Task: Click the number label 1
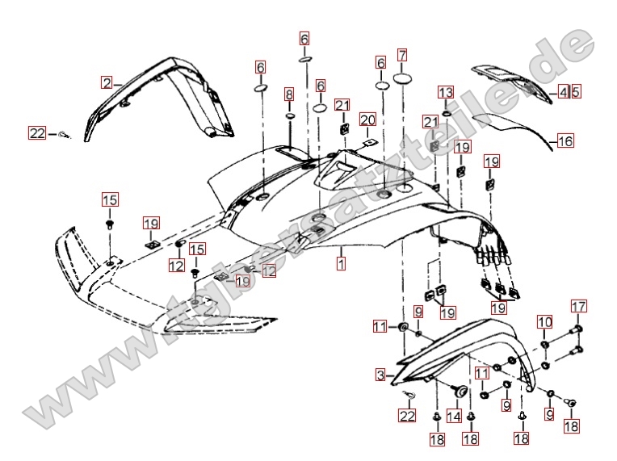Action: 342,264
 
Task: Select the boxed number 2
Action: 107,82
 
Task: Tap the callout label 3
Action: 380,375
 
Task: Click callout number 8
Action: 289,94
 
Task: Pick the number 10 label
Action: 545,323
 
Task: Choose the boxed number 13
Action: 447,92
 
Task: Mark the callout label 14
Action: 454,417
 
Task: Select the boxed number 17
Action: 578,306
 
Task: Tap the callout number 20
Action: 368,120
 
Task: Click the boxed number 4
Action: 563,92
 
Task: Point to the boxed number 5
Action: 575,92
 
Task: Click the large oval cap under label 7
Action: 402,81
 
